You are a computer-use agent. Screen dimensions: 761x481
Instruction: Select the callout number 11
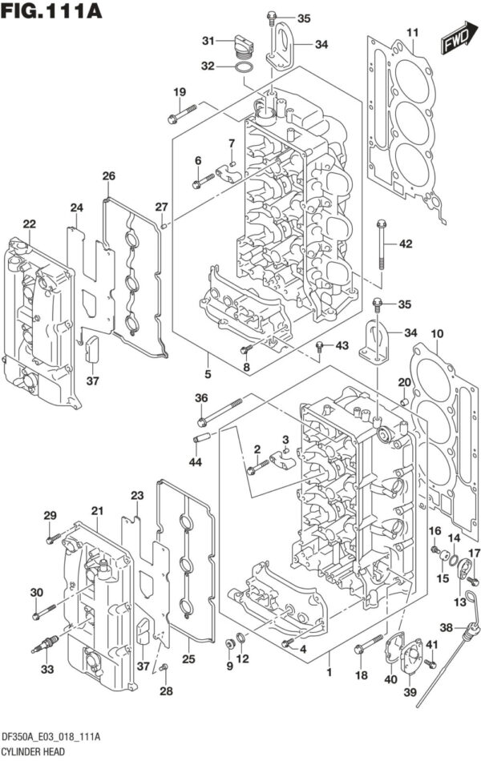412,32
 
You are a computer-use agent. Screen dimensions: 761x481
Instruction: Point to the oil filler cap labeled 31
240,46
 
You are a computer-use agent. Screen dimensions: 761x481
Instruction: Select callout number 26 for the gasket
108,175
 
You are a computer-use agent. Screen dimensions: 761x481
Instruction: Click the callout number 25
189,658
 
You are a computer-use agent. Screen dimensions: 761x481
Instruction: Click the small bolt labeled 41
431,662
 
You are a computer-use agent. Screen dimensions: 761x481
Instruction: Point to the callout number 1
328,674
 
